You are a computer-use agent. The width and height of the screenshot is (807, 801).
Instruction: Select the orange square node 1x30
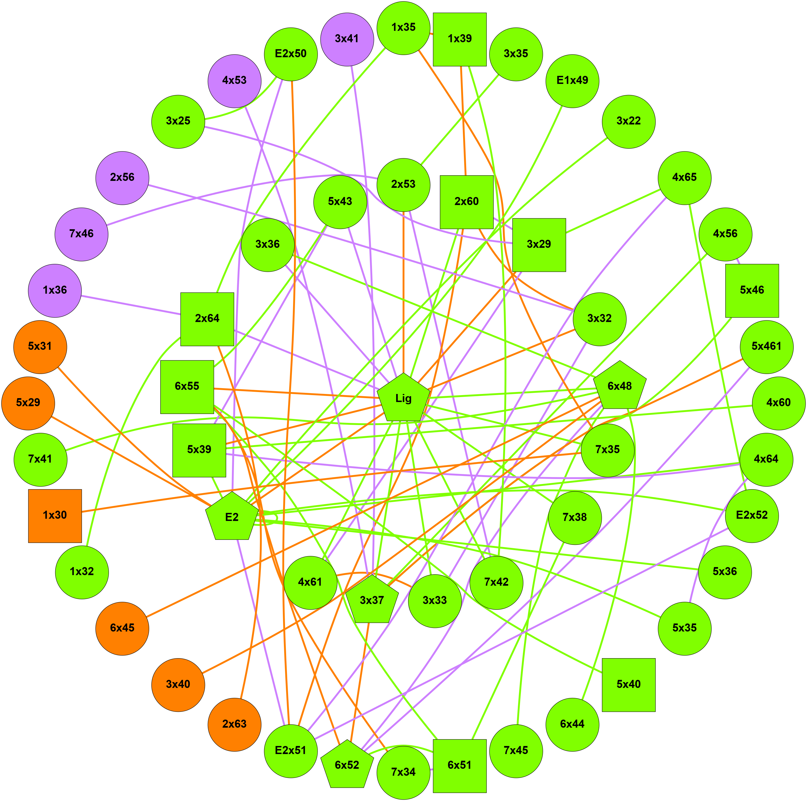coord(55,516)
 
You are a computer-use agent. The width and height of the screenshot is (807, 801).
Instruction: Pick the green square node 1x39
coord(459,39)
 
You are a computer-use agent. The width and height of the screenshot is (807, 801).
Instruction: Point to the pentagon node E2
coord(232,517)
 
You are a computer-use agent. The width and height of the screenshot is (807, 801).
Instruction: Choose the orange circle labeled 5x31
coord(40,346)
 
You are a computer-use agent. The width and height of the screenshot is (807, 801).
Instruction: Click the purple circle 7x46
coord(81,234)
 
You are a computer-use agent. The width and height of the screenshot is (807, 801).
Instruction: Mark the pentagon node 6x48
coord(619,386)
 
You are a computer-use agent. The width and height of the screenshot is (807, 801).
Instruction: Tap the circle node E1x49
coord(572,81)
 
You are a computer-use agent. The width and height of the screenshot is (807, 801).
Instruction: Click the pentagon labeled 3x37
coord(372,600)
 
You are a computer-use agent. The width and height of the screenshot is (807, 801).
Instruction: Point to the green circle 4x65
coord(684,178)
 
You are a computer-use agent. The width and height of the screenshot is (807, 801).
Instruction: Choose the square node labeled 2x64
coord(207,319)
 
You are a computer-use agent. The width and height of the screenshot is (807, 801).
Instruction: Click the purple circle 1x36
coord(55,290)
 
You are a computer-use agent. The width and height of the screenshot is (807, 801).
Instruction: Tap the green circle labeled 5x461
coord(766,346)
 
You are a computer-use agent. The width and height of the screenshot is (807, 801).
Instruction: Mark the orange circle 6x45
coord(123,628)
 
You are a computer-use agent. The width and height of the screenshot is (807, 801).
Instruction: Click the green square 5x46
coord(752,290)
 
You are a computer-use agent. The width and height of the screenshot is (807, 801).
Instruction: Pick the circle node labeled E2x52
coord(752,516)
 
